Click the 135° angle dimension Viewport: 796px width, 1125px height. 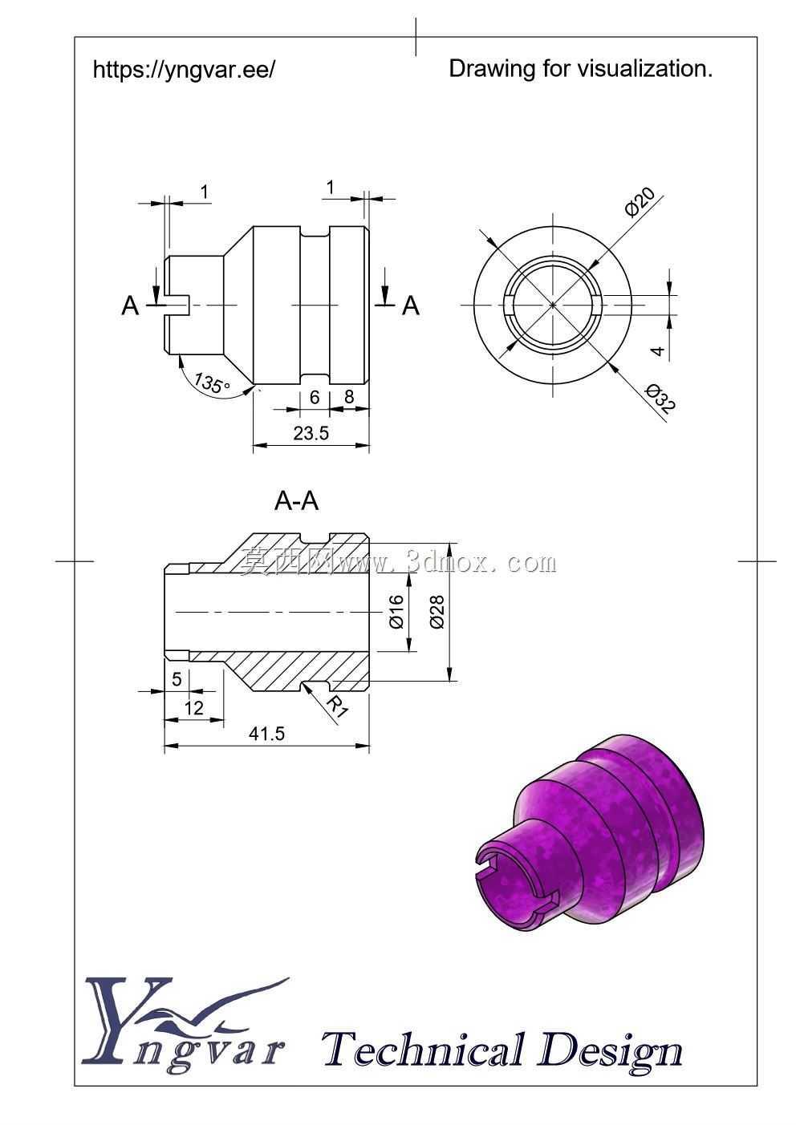pyautogui.click(x=212, y=384)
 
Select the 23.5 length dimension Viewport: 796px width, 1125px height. pyautogui.click(x=311, y=433)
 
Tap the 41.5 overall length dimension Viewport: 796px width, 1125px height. pyautogui.click(x=267, y=734)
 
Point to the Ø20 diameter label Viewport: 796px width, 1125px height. pyautogui.click(x=640, y=202)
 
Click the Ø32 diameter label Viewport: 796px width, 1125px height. pyautogui.click(x=661, y=399)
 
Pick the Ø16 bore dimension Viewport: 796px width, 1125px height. pyautogui.click(x=396, y=611)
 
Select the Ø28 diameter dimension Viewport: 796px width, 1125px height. pyautogui.click(x=437, y=612)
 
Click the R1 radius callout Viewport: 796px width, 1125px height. pyautogui.click(x=337, y=706)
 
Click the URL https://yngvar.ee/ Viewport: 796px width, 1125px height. pyautogui.click(x=184, y=69)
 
